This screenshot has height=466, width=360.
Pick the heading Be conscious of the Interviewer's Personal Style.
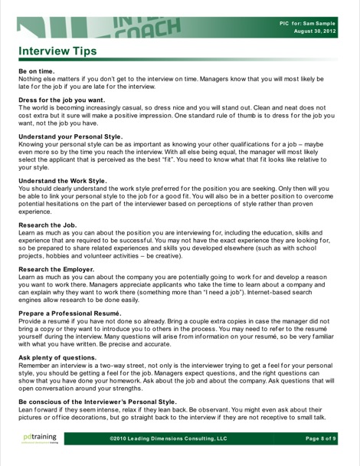pos(97,401)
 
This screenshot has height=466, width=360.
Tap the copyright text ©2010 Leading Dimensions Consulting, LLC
pos(169,438)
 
